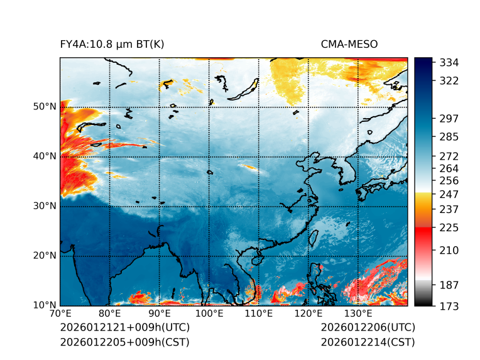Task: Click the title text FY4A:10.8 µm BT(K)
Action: coord(112,45)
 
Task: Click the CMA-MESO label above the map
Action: coord(349,45)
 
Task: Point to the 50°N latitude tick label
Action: coord(45,107)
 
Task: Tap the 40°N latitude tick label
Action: coord(45,156)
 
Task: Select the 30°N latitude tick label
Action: coord(45,206)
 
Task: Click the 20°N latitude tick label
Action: coord(45,256)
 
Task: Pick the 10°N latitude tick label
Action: coord(45,305)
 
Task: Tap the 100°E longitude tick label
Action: coord(209,314)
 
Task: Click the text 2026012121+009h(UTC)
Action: coord(124,328)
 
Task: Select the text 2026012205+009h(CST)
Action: coord(124,342)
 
